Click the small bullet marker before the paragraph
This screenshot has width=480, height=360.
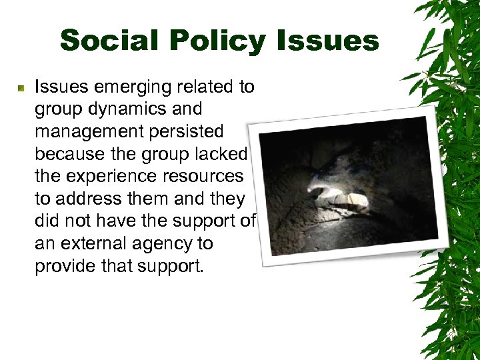[x=21, y=88]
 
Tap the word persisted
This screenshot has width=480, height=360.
[x=186, y=132]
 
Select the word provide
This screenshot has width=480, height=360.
[x=69, y=267]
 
